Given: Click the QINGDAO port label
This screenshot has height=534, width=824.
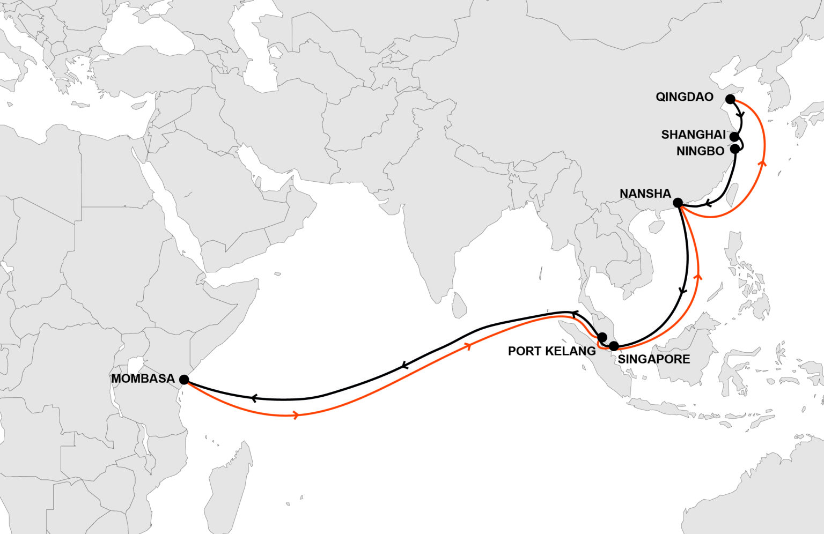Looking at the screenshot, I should point(685,97).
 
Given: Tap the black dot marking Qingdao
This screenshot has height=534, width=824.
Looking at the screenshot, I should point(730,99).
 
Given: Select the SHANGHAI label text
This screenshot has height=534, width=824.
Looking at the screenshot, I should point(693,135).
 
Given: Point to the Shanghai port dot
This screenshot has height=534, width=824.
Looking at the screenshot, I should point(734,137).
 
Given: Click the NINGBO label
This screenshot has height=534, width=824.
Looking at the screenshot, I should point(700,151).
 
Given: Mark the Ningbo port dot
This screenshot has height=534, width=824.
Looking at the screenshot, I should point(735,149).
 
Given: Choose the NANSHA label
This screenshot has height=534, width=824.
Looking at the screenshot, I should point(645,194).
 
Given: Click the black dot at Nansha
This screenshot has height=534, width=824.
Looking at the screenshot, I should point(678,203).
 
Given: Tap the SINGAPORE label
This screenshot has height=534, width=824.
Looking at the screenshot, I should point(654,359).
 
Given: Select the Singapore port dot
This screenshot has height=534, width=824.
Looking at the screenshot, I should point(614,346).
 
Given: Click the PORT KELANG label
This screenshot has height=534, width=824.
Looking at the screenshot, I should point(551,351).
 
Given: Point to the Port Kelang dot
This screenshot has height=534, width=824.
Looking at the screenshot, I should point(602,337).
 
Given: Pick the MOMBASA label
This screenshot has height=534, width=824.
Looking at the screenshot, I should point(143,379).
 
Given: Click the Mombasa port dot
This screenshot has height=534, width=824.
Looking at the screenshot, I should point(184,380).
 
